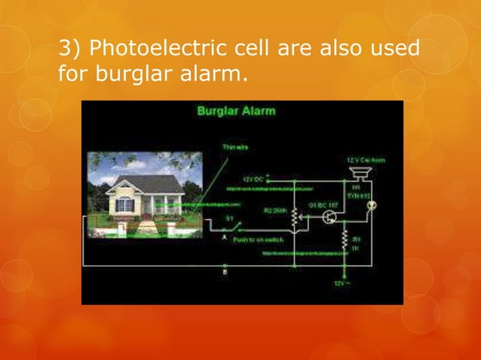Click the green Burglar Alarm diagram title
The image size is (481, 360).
click(x=236, y=111)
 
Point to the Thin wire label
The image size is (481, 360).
click(x=232, y=147)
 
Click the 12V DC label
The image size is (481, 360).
click(x=254, y=178)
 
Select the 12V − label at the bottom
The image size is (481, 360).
click(x=342, y=282)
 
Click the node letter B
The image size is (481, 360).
click(x=225, y=271)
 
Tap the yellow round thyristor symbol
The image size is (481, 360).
click(x=371, y=204)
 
